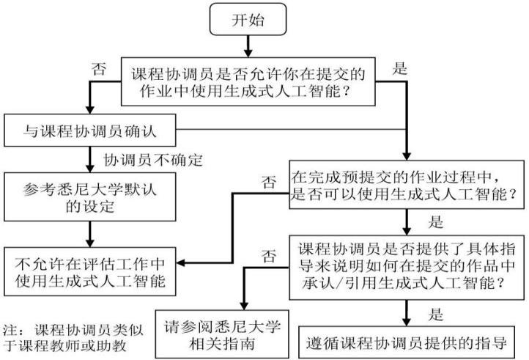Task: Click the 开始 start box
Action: [x=248, y=21]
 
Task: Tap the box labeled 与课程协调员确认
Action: [x=91, y=133]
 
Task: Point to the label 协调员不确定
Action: [x=152, y=159]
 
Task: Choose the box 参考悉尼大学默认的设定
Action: [x=91, y=196]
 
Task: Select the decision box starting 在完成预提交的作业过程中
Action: [x=405, y=185]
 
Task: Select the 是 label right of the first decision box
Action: [x=400, y=70]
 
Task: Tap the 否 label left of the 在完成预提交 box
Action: [x=270, y=179]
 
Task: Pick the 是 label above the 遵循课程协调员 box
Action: [x=435, y=315]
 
